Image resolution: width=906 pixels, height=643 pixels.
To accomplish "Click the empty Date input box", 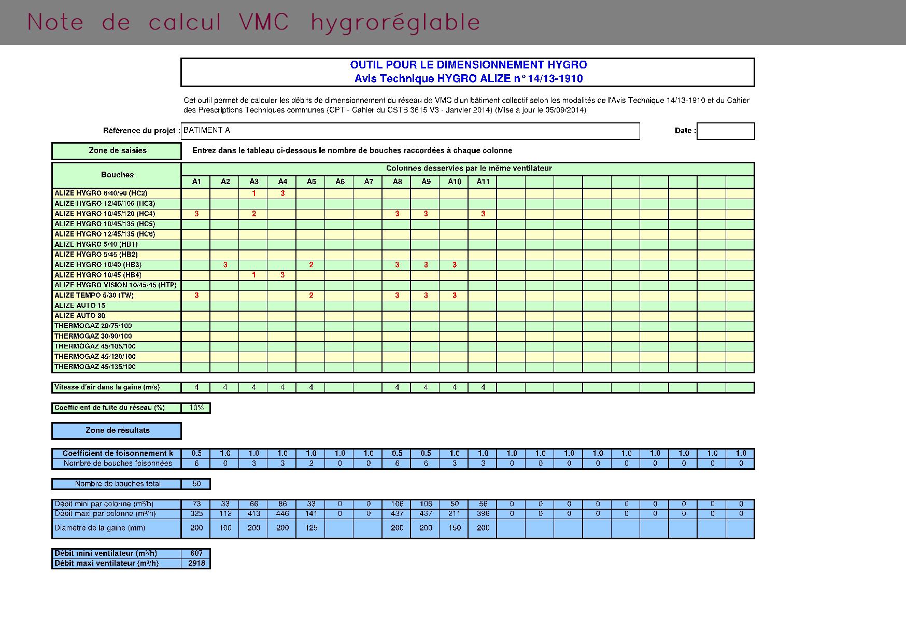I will pyautogui.click(x=726, y=131).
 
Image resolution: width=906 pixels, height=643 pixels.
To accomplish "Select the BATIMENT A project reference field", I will pyautogui.click(x=410, y=131).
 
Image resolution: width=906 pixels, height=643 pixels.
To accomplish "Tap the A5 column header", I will pyautogui.click(x=311, y=181).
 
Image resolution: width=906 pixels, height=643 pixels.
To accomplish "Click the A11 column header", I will pyautogui.click(x=483, y=181).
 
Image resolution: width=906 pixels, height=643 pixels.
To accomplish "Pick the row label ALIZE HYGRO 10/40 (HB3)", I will pyautogui.click(x=98, y=265).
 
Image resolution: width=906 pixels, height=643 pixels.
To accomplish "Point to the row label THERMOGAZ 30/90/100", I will pyautogui.click(x=93, y=336).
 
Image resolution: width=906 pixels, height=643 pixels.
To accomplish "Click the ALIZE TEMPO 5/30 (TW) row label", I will pyautogui.click(x=94, y=296).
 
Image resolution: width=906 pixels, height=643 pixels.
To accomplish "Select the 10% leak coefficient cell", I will pyautogui.click(x=196, y=408).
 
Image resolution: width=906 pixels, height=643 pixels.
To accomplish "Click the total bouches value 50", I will pyautogui.click(x=196, y=484).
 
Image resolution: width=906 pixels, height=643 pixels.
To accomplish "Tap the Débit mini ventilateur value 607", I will pyautogui.click(x=196, y=553).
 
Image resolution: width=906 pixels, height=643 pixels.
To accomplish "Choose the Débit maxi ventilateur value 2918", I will pyautogui.click(x=196, y=563).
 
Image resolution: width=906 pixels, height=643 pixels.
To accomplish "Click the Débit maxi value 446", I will pyautogui.click(x=282, y=514).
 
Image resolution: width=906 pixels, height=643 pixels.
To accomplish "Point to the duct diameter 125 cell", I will pyautogui.click(x=311, y=528).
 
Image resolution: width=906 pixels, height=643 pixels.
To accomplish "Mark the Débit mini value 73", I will pyautogui.click(x=196, y=504).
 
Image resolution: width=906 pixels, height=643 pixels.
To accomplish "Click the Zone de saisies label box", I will pyautogui.click(x=117, y=151).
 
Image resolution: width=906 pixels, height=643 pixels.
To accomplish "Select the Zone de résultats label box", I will pyautogui.click(x=117, y=430).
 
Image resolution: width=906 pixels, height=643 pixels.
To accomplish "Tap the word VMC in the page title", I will pyautogui.click(x=264, y=22).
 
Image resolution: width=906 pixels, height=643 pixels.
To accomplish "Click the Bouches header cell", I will pyautogui.click(x=117, y=175).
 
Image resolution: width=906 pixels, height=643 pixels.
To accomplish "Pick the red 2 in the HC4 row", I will pyautogui.click(x=254, y=214).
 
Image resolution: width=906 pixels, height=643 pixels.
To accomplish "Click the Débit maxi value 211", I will pyautogui.click(x=455, y=514).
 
